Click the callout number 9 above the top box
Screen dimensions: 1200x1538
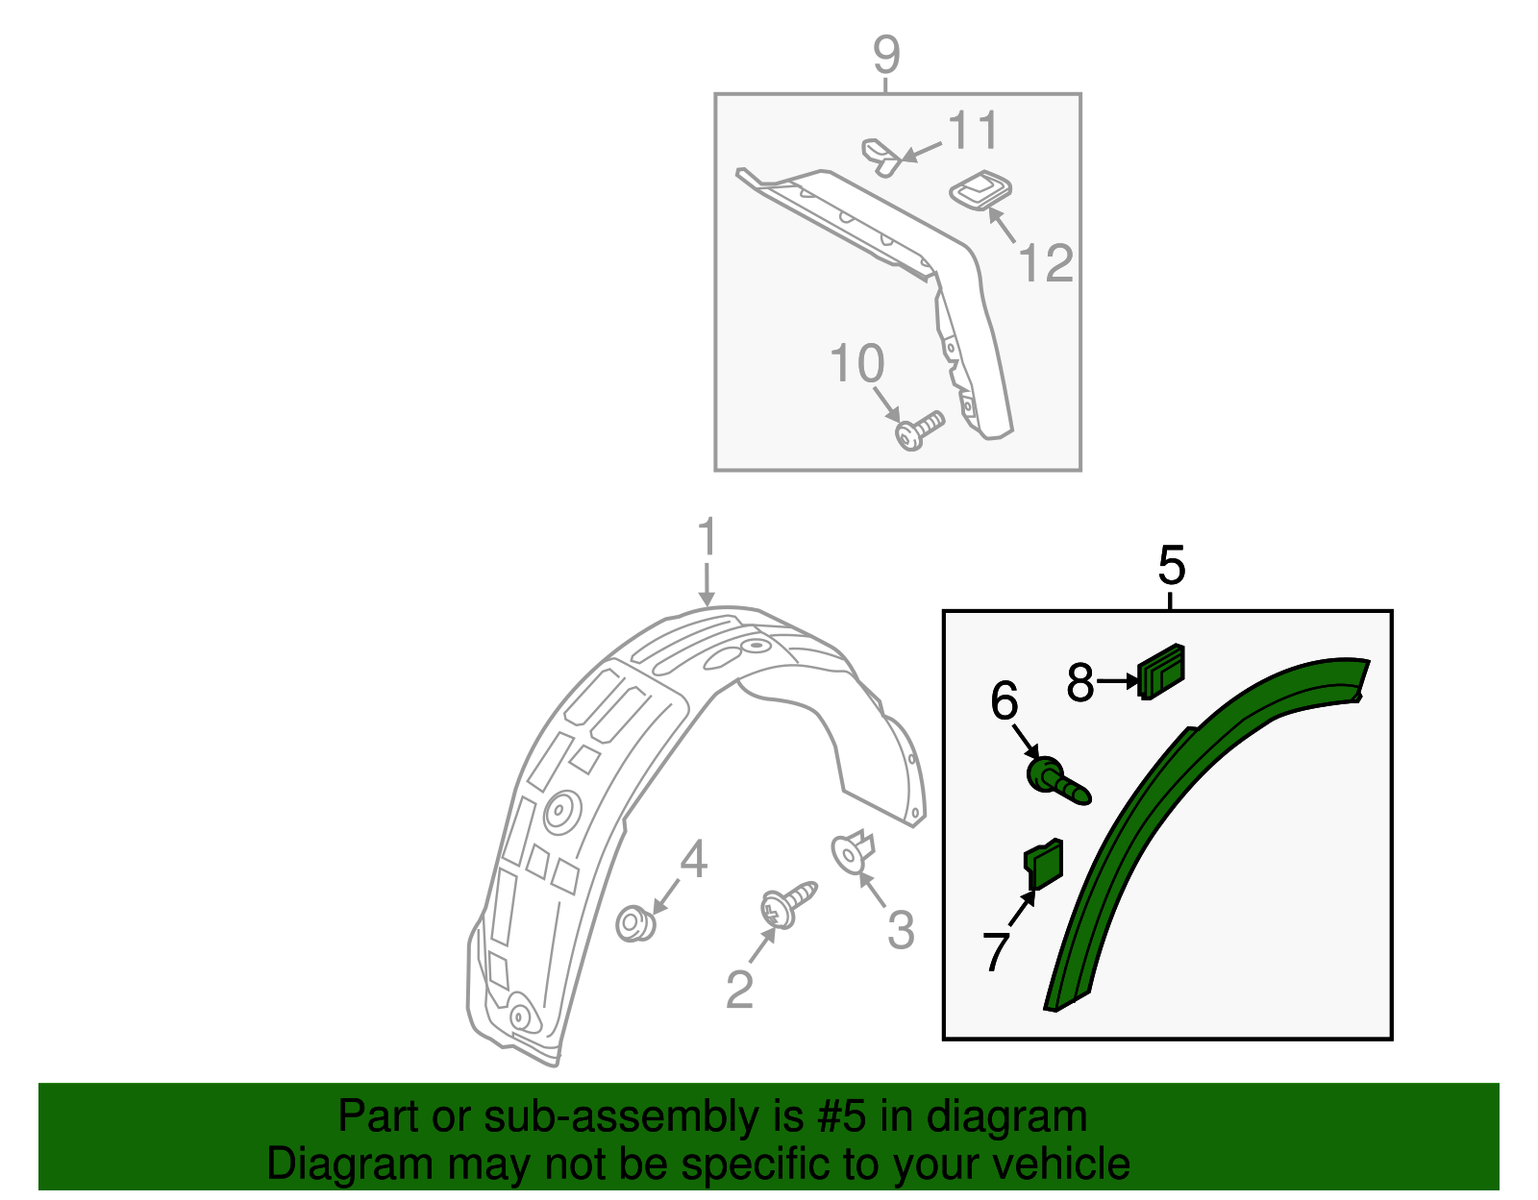coord(886,55)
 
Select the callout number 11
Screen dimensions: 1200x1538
coord(973,131)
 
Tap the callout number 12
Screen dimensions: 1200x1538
coord(1045,263)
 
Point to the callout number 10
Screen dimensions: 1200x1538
coord(856,364)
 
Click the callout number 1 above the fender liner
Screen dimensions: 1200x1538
coord(707,538)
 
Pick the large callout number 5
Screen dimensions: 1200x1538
coord(1171,565)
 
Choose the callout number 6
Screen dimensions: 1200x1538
coord(1004,701)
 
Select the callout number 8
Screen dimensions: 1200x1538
coord(1080,683)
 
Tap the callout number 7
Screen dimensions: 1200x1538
coord(997,951)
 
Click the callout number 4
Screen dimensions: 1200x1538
coord(693,859)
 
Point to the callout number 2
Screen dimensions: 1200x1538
coord(738,990)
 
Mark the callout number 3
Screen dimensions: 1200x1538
coord(900,929)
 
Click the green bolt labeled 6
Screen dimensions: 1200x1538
coord(1056,779)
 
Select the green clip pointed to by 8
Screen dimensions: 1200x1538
coord(1161,669)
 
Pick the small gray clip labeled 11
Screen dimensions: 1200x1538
coord(879,155)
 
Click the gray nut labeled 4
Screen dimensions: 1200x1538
coord(634,924)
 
